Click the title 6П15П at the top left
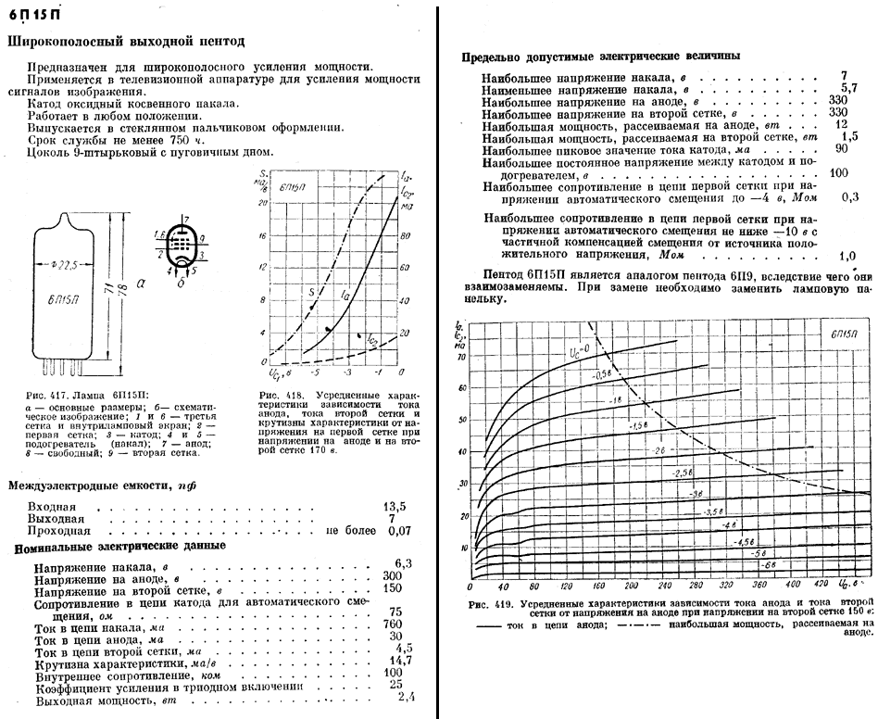click(x=38, y=15)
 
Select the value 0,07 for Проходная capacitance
click(x=400, y=532)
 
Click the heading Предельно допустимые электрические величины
click(x=600, y=56)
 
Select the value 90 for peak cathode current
click(x=842, y=148)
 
